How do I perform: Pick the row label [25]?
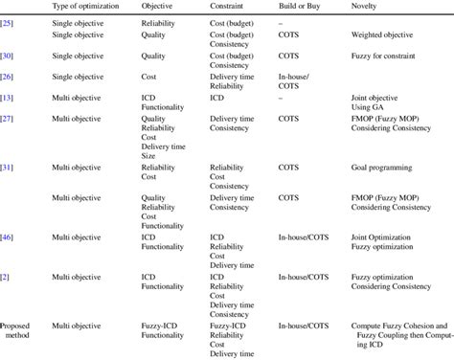tap(8, 21)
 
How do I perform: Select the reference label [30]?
tap(8, 55)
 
